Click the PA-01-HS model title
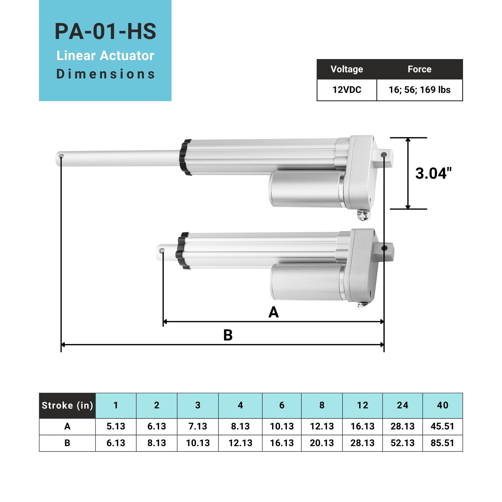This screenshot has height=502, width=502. (105, 31)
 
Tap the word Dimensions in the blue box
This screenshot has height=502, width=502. (105, 74)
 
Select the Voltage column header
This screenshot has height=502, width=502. (347, 69)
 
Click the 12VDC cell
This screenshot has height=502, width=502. (347, 90)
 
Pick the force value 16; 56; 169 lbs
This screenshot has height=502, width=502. (419, 90)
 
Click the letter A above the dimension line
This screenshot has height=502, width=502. (273, 312)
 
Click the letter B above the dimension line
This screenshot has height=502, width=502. (228, 335)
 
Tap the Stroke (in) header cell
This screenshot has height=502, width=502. (67, 405)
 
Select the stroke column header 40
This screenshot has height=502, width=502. (442, 405)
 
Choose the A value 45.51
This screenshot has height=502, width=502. (442, 426)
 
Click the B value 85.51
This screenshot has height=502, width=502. (442, 443)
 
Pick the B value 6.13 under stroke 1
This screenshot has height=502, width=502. (116, 443)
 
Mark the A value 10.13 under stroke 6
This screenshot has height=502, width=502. (282, 426)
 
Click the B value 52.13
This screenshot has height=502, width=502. (402, 443)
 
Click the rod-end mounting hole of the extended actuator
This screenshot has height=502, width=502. (61, 156)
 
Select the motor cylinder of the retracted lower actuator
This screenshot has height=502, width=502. (307, 282)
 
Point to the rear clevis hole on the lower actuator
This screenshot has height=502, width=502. (384, 248)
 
